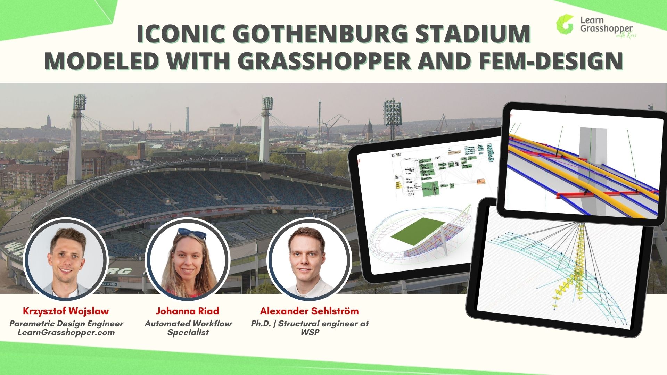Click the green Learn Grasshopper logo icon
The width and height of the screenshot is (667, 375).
565,24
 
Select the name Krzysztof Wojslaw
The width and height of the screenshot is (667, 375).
66,311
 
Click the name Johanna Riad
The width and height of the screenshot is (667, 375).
188,311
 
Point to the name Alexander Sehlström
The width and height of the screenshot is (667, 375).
309,311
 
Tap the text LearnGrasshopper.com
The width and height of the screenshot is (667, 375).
66,332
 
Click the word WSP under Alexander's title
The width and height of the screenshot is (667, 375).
310,332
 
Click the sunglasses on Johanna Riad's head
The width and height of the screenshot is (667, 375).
191,233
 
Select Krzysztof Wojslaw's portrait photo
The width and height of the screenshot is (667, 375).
66,259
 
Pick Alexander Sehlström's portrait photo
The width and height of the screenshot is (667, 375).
309,259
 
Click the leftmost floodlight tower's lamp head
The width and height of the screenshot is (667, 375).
80,103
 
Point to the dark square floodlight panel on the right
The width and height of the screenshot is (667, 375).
392,112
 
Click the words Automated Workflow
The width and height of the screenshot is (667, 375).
188,324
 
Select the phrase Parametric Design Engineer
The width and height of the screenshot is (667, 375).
66,324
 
